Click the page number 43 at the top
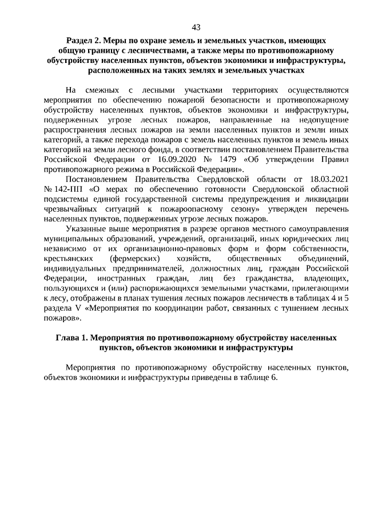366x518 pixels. (x=196, y=27)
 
